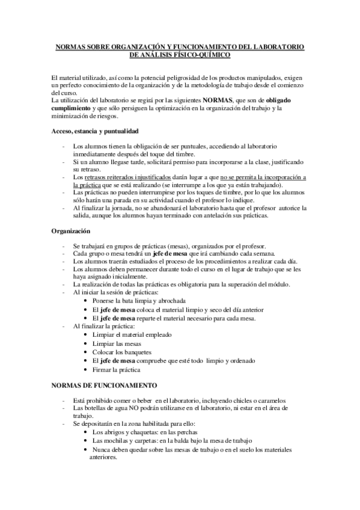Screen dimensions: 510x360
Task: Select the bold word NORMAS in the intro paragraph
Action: click(218, 100)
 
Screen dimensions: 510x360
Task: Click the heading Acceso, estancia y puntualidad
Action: click(95, 130)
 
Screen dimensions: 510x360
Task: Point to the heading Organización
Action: click(71, 230)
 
